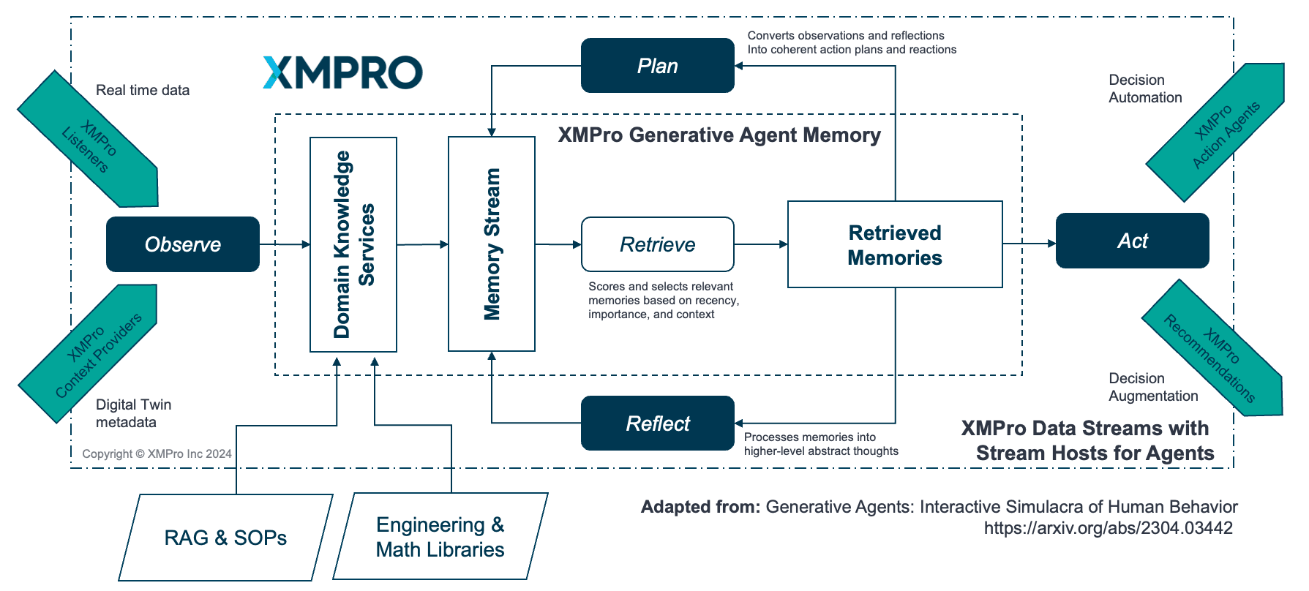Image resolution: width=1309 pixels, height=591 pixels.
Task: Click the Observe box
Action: [x=183, y=244]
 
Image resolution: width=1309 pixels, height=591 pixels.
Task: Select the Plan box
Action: [x=657, y=66]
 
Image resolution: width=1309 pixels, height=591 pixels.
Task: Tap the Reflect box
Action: [x=657, y=424]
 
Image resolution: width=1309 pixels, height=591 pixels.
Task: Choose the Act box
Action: [x=1132, y=241]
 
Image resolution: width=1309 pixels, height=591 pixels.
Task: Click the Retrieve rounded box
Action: [x=657, y=244]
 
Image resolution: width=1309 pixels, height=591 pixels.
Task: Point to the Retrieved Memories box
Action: [x=894, y=244]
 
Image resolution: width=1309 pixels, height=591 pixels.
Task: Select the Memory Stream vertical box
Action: [x=492, y=244]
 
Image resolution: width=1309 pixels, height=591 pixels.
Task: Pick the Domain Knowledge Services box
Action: [x=353, y=244]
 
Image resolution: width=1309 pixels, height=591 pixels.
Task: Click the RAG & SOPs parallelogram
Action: [x=225, y=538]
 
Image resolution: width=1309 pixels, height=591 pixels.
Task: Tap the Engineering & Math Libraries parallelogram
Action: [x=440, y=537]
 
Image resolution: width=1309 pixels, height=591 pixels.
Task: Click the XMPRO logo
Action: [x=342, y=72]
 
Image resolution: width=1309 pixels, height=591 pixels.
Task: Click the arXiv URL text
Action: [x=1108, y=528]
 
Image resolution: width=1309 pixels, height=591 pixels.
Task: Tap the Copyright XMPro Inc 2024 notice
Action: [x=157, y=453]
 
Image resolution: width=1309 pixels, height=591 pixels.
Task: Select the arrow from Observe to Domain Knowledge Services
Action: [x=285, y=244]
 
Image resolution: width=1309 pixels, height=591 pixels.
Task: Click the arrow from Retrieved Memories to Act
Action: [x=1029, y=244]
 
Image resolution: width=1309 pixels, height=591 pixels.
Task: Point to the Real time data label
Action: [x=143, y=90]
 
